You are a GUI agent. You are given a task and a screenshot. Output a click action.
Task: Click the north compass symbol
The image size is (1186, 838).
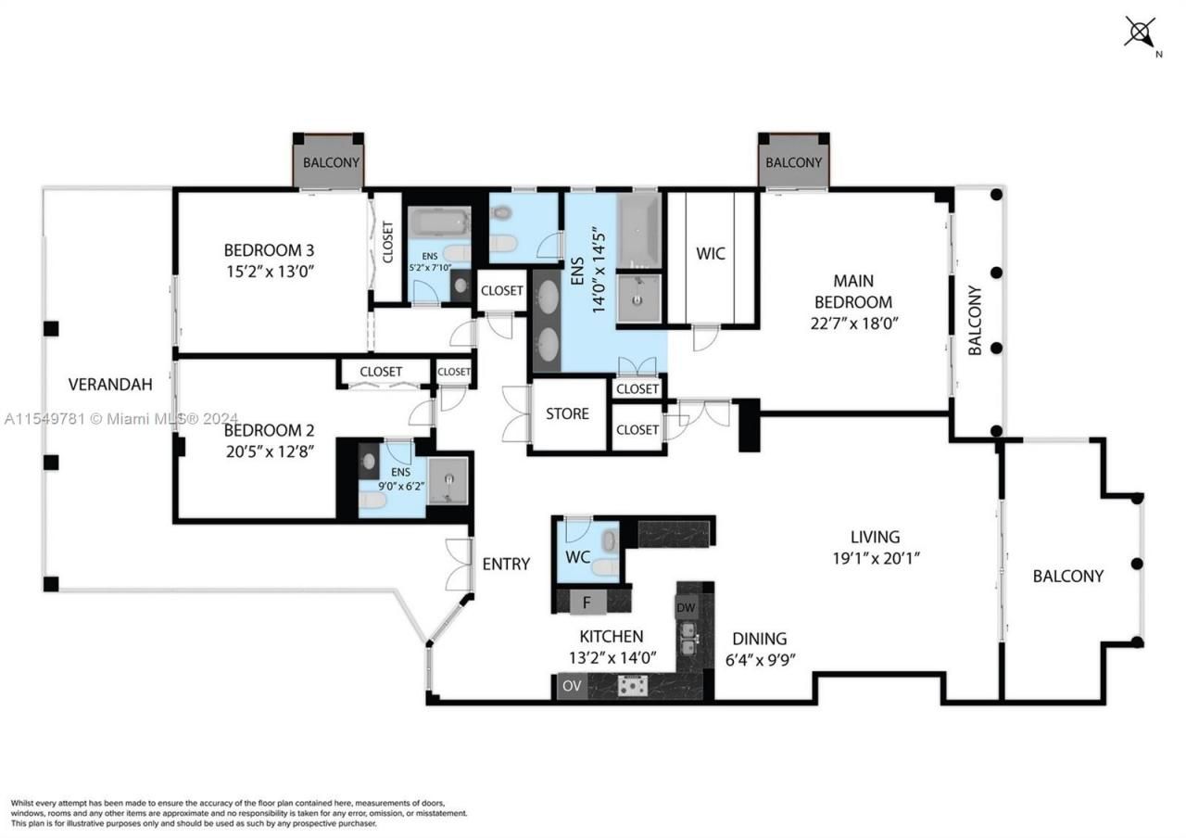[1140, 32]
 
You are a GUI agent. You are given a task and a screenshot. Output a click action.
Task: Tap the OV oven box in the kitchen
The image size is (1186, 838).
[571, 686]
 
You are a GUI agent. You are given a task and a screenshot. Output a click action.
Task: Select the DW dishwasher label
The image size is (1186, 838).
[686, 608]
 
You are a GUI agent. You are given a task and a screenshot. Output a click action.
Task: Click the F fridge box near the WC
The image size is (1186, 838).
[586, 602]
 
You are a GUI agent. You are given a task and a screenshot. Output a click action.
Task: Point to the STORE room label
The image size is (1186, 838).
[567, 413]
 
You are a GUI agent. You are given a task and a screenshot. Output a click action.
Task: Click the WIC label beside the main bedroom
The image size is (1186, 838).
[711, 253]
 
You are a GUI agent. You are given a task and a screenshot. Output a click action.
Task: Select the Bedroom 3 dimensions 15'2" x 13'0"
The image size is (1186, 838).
[269, 273]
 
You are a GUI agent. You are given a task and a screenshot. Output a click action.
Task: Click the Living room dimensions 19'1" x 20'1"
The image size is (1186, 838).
[875, 558]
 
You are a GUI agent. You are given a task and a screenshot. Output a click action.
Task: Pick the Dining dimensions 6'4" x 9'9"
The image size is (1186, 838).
[759, 660]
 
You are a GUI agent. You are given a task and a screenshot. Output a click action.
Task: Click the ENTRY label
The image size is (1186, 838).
[506, 564]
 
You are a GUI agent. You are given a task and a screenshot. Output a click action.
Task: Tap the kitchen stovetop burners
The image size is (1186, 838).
[634, 687]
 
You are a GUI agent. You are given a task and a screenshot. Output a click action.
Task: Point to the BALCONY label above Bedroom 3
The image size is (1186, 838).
[331, 162]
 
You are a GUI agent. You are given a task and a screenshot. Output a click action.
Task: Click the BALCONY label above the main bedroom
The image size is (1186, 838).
[793, 162]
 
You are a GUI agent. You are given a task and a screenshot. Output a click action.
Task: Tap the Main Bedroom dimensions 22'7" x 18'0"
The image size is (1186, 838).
[852, 324]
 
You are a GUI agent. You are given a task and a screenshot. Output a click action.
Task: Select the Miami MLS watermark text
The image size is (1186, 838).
[120, 419]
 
